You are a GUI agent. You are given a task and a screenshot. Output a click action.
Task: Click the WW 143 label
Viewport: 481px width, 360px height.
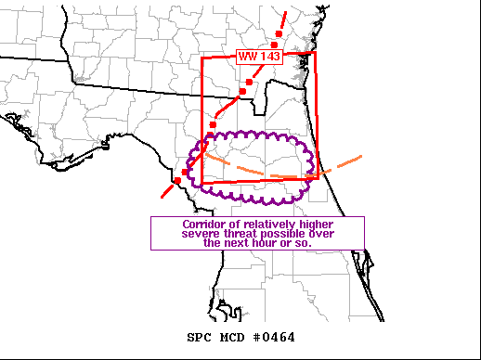[x=254, y=57]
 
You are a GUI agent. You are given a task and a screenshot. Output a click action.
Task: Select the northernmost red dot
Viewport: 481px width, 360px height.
[x=276, y=45]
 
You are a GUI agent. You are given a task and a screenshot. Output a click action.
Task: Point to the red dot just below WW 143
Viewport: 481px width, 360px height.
[x=249, y=83]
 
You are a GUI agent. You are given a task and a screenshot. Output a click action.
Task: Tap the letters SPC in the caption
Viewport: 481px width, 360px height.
[x=199, y=337]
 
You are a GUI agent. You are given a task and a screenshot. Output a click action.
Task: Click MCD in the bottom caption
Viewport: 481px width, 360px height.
[x=232, y=337]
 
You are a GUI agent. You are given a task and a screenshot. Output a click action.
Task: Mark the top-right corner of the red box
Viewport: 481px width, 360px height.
[x=316, y=53]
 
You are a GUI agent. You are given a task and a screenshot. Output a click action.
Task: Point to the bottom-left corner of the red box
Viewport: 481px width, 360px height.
[x=202, y=185]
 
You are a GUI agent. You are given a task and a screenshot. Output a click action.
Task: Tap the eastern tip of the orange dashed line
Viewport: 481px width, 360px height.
[x=359, y=156]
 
